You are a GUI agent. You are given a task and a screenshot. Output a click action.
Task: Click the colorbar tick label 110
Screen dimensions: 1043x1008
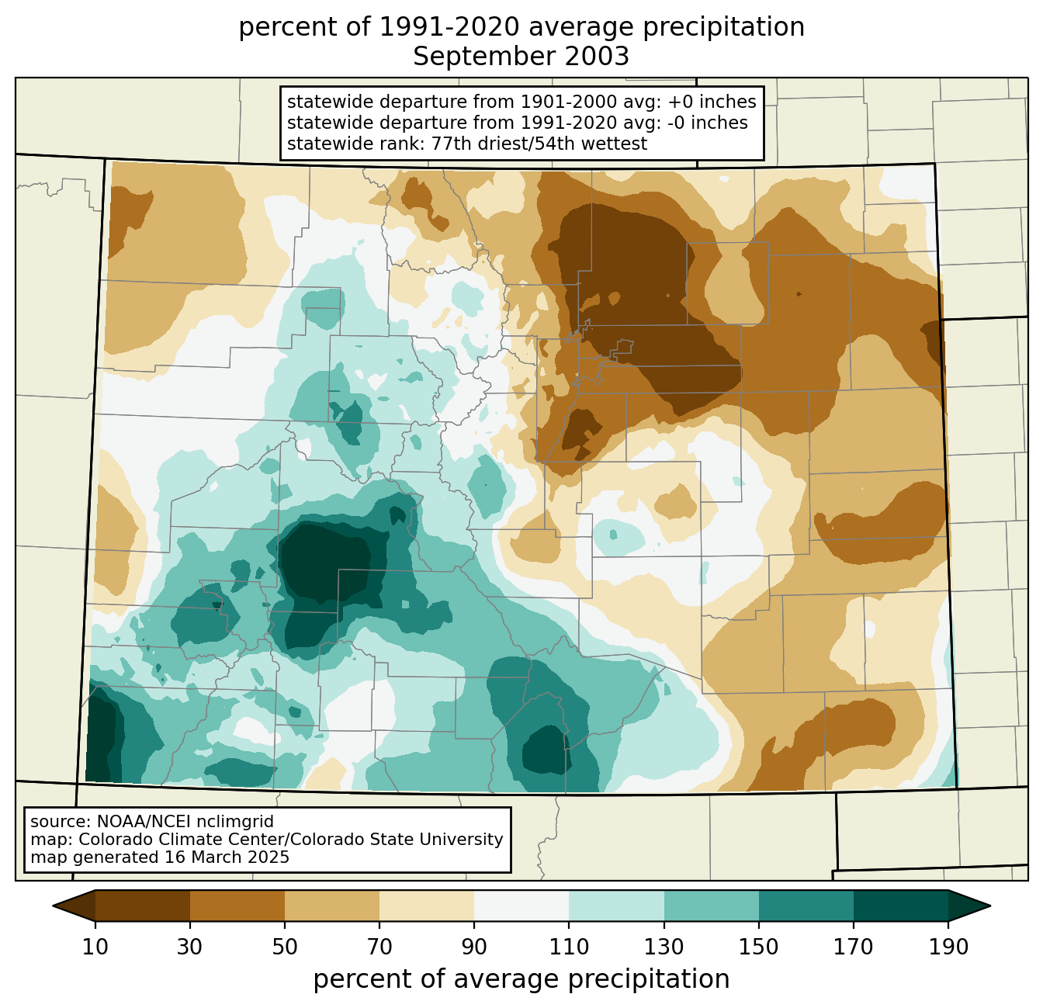click(569, 947)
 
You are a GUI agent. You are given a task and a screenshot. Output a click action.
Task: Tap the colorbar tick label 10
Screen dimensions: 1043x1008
click(95, 947)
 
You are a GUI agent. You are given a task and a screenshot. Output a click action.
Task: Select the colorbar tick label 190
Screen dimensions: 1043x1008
click(948, 947)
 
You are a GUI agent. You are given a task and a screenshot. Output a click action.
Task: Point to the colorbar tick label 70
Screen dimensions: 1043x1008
click(379, 947)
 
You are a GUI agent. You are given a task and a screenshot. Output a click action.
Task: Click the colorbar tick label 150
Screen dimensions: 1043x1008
click(758, 947)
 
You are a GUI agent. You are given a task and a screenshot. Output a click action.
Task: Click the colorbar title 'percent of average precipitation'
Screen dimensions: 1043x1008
click(521, 979)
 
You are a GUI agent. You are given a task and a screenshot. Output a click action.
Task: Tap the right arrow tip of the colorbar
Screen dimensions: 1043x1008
click(989, 906)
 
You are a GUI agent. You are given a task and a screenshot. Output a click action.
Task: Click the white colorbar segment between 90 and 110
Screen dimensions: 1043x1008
click(521, 906)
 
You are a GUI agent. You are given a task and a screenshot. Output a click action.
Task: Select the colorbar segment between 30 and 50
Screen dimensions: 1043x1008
click(237, 906)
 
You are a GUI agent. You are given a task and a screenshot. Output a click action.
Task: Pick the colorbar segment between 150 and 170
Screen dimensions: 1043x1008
click(806, 906)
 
